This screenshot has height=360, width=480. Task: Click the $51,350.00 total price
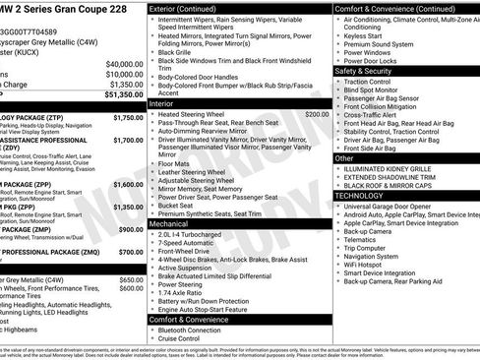118,94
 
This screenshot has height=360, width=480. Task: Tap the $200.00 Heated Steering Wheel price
316,114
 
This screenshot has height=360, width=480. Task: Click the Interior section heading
161,102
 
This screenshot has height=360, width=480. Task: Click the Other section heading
344,157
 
